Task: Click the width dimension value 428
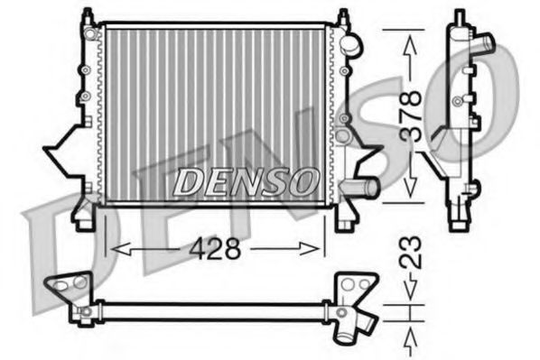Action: pyautogui.click(x=216, y=249)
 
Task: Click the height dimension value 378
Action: pyautogui.click(x=412, y=115)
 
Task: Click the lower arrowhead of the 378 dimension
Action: pyautogui.click(x=412, y=193)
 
